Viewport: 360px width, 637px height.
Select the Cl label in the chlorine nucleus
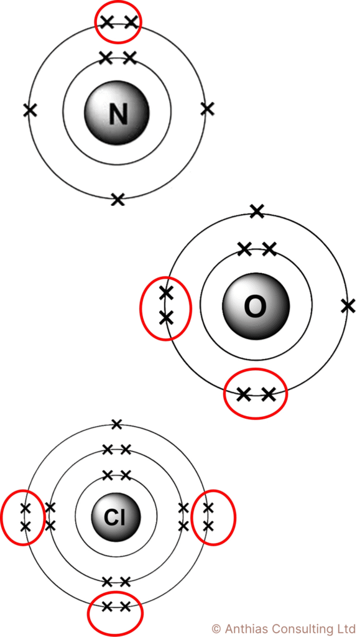point(116,517)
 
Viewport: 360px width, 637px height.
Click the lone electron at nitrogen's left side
point(30,109)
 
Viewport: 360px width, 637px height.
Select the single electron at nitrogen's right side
point(207,108)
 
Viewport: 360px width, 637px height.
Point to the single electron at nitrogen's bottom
point(118,200)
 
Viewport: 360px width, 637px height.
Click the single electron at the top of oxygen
point(257,211)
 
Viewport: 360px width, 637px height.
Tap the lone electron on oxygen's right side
point(348,305)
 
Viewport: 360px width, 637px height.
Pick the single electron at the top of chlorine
point(116,424)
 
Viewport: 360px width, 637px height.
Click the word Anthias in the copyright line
point(241,629)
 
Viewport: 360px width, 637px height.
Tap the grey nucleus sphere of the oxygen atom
point(256,307)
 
